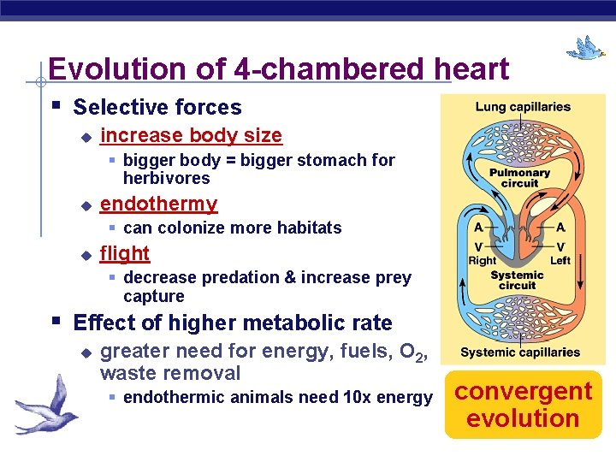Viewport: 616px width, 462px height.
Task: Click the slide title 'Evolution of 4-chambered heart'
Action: click(x=278, y=68)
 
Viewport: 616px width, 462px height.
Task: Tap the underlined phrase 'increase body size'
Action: click(x=191, y=135)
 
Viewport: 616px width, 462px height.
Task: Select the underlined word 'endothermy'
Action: click(x=158, y=204)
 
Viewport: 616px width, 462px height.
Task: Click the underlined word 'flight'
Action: click(x=125, y=253)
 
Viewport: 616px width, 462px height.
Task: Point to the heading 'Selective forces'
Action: click(x=157, y=107)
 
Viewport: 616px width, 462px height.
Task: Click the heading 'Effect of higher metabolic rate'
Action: click(x=233, y=323)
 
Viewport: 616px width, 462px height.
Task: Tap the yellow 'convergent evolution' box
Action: click(x=523, y=405)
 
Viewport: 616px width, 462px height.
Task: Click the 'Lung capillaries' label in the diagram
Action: click(x=523, y=107)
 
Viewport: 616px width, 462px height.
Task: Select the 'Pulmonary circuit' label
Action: click(x=519, y=178)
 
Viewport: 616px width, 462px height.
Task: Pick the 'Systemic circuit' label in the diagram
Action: click(x=517, y=280)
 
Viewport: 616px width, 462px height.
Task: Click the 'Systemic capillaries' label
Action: click(x=520, y=352)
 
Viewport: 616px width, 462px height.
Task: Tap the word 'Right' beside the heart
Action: click(x=482, y=260)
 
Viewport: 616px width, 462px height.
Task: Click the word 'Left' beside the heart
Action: click(x=560, y=260)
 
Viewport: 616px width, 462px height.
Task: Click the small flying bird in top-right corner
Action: click(x=586, y=48)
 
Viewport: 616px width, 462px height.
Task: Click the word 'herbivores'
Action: click(x=166, y=178)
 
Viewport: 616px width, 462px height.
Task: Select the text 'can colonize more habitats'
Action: click(x=232, y=228)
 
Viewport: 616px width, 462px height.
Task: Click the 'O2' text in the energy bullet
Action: click(x=415, y=352)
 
